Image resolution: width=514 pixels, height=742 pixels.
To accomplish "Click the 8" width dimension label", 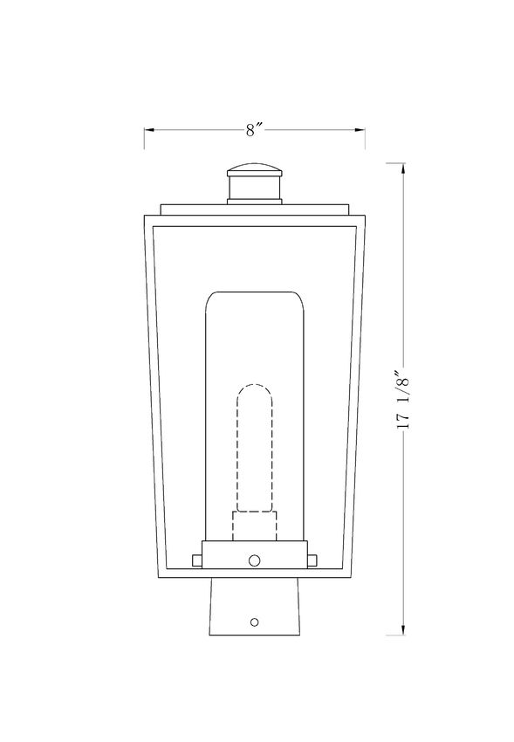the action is [x=254, y=130].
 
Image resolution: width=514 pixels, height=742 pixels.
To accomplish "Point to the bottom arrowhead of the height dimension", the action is [x=403, y=629].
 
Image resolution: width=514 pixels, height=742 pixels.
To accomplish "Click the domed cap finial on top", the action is [x=255, y=169].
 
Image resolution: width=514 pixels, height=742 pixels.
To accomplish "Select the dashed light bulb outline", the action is [x=255, y=448].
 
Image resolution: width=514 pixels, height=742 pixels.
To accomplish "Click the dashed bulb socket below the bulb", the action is [x=255, y=526].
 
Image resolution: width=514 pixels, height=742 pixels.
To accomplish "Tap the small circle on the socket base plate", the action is [x=255, y=560].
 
